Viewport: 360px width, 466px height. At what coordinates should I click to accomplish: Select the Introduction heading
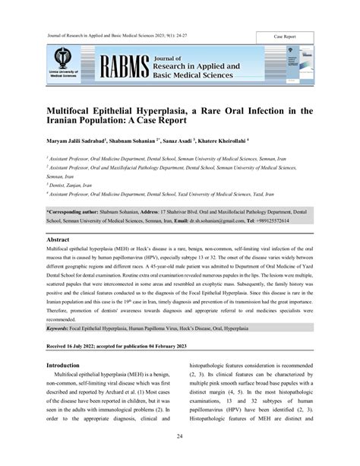point(68,366)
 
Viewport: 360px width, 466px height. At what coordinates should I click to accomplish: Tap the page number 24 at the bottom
point(179,436)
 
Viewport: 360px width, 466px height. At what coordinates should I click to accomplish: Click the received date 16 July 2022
point(94,346)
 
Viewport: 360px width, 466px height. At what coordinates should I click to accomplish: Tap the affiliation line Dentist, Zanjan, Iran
point(78,185)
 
